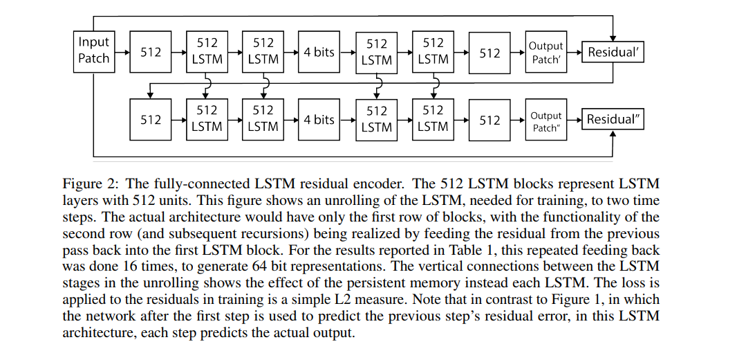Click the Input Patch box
point(94,51)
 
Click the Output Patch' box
point(545,52)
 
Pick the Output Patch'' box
point(545,120)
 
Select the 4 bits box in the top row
point(319,52)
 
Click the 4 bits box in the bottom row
point(319,120)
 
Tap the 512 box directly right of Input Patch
point(151,52)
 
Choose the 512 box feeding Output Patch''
point(489,120)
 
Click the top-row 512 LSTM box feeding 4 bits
point(263,51)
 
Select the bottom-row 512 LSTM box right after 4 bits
point(377,119)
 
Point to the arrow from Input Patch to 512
point(122,52)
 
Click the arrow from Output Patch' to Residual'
point(574,52)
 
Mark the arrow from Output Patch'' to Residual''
point(574,120)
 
